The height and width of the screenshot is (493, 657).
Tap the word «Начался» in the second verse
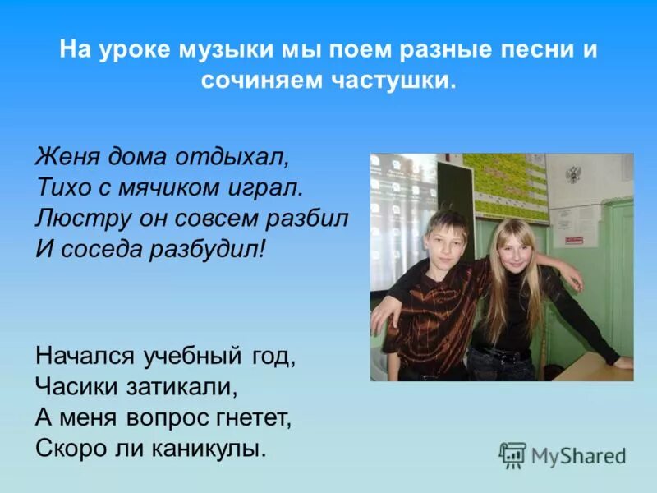[85, 357]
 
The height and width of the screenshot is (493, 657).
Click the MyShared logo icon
[513, 454]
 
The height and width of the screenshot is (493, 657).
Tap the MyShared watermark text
[578, 454]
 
